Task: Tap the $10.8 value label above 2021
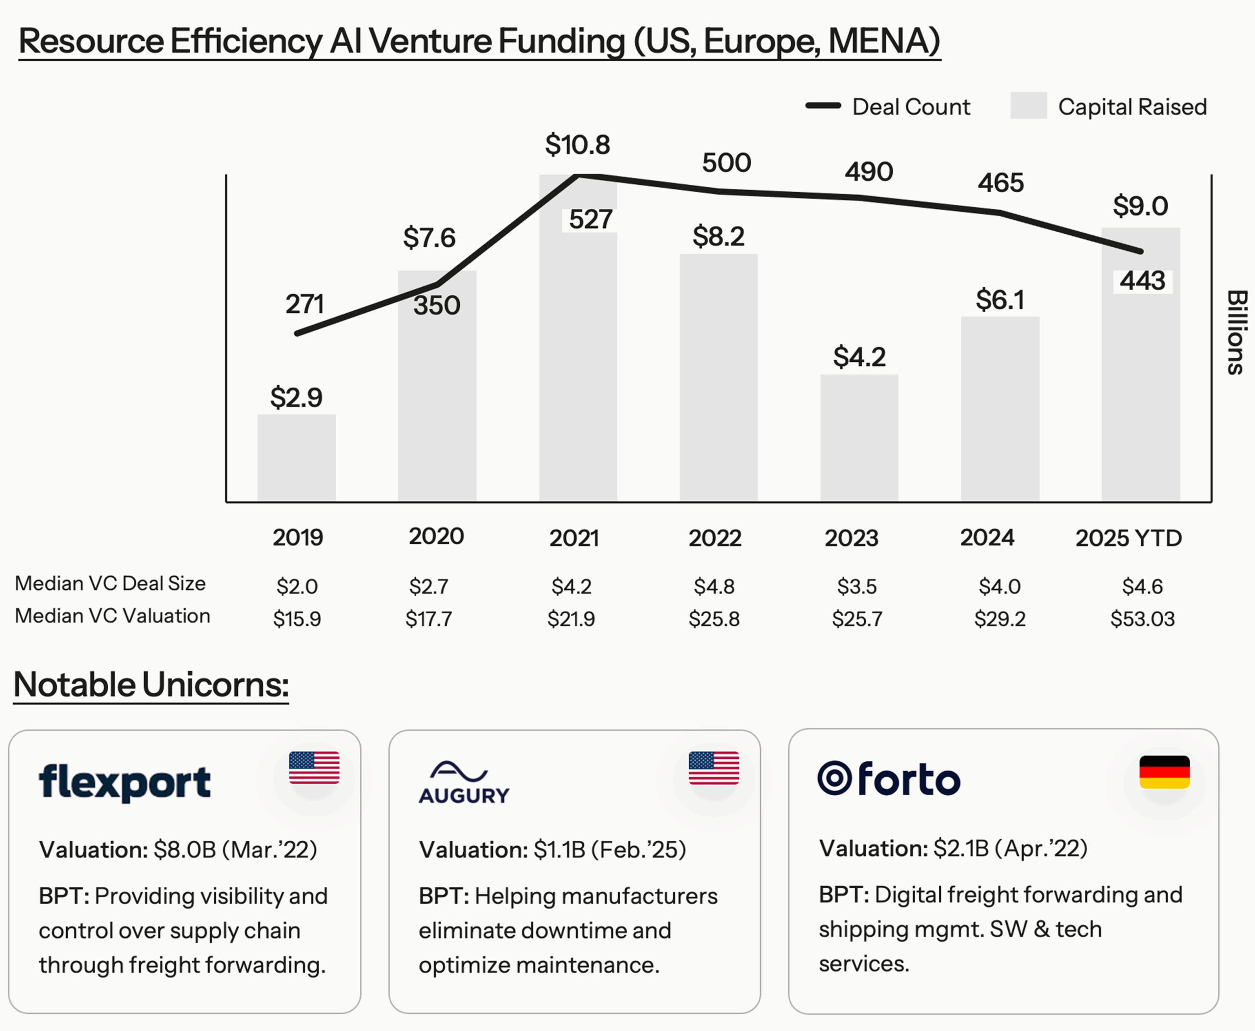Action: (577, 145)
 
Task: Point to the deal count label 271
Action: (305, 304)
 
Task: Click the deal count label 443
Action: (1142, 280)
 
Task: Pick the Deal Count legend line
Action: (823, 106)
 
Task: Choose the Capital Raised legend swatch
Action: (1028, 106)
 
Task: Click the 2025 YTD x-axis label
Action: (1129, 538)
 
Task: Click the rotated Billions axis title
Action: (1236, 332)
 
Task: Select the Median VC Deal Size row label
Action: (110, 583)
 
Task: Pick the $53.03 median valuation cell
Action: (1142, 619)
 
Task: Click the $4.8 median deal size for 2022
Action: (714, 587)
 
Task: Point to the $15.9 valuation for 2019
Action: (297, 619)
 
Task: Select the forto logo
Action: (888, 779)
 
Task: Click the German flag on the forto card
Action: (1164, 772)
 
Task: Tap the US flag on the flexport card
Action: (314, 767)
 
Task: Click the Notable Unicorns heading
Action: (151, 685)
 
